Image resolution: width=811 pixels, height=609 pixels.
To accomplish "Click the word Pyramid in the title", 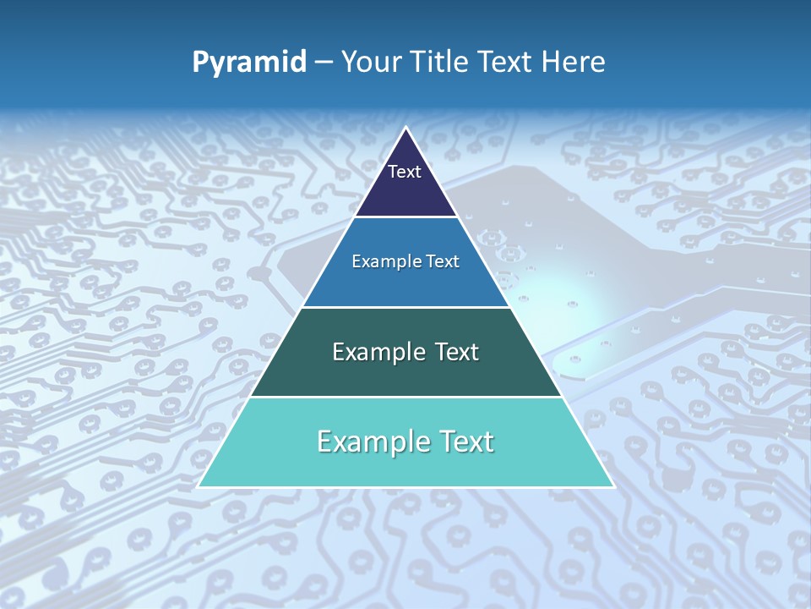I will click(x=249, y=63).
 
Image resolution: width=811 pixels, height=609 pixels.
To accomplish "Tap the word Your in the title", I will click(x=370, y=62).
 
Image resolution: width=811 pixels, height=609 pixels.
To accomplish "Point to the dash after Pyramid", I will click(x=324, y=63).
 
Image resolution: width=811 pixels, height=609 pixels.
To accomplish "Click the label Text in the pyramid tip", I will click(x=405, y=172).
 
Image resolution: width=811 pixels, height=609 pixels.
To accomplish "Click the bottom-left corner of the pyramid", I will click(x=199, y=486).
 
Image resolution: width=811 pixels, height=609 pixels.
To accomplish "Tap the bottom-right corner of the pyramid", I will click(x=613, y=486).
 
